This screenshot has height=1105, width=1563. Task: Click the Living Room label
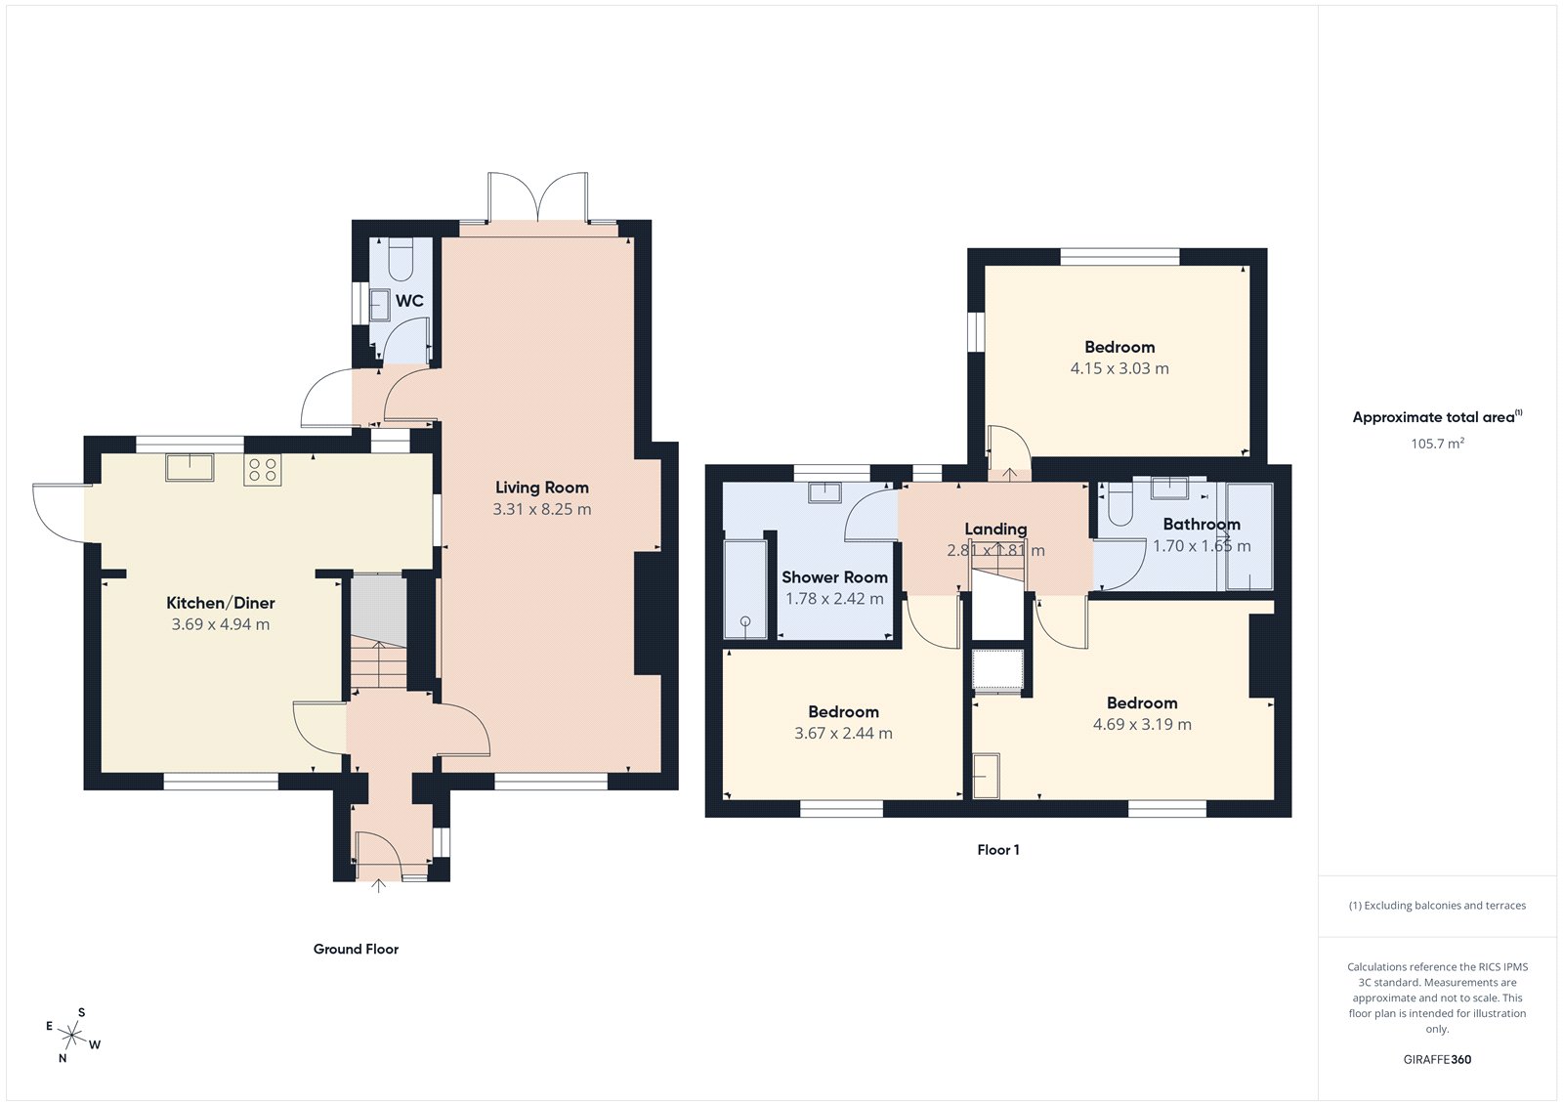(541, 488)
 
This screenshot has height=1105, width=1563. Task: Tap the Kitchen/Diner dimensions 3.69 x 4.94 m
(221, 624)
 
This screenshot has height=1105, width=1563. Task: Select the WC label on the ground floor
(409, 301)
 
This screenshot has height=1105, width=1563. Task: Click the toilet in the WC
(401, 260)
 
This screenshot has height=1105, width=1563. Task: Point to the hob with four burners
(263, 470)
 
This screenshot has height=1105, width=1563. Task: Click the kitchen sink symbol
(190, 467)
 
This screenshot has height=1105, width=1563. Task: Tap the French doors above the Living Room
(538, 198)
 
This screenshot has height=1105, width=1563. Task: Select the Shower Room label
(834, 577)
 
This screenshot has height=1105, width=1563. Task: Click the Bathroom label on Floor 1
(1202, 525)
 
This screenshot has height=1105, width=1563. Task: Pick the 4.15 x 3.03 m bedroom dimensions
(1119, 368)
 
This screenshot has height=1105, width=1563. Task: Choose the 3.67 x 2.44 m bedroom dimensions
(843, 734)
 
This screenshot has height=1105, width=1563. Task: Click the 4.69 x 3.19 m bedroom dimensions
(1142, 725)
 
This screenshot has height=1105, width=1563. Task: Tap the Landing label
(995, 530)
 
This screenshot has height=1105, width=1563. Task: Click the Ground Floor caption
(356, 949)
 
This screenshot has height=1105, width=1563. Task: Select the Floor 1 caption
(997, 850)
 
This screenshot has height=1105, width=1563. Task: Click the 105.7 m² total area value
(1437, 444)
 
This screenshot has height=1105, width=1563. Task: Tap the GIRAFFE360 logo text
(1437, 1059)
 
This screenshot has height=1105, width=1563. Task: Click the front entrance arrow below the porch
(379, 886)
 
